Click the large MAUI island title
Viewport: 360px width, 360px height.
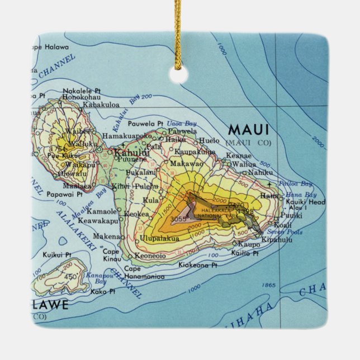(249, 130)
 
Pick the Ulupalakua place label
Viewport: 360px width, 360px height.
(160, 238)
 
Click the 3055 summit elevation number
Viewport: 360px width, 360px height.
(179, 219)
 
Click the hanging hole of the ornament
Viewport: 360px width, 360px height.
(178, 74)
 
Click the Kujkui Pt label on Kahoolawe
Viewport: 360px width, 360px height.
(57, 254)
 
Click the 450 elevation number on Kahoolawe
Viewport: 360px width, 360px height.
(70, 277)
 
